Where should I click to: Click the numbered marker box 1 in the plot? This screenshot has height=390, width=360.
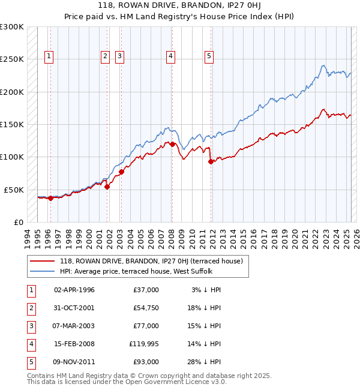coord(49,57)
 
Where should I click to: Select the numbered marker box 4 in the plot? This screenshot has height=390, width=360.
coord(171,57)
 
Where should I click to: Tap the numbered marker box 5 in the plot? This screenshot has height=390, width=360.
coord(209,57)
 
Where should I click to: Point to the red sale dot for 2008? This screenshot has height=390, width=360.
coord(172,144)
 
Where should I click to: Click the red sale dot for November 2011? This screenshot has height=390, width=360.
coord(211,161)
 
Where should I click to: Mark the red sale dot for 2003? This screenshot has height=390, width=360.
coord(121,172)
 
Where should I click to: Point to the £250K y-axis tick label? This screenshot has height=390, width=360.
coord(12,59)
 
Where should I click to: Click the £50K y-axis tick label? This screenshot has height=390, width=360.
coord(14,190)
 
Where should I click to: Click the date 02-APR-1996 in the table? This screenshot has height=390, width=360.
coord(74,290)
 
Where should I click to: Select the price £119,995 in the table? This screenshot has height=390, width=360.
coord(143,344)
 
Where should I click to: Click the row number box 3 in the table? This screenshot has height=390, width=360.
coord(31,326)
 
